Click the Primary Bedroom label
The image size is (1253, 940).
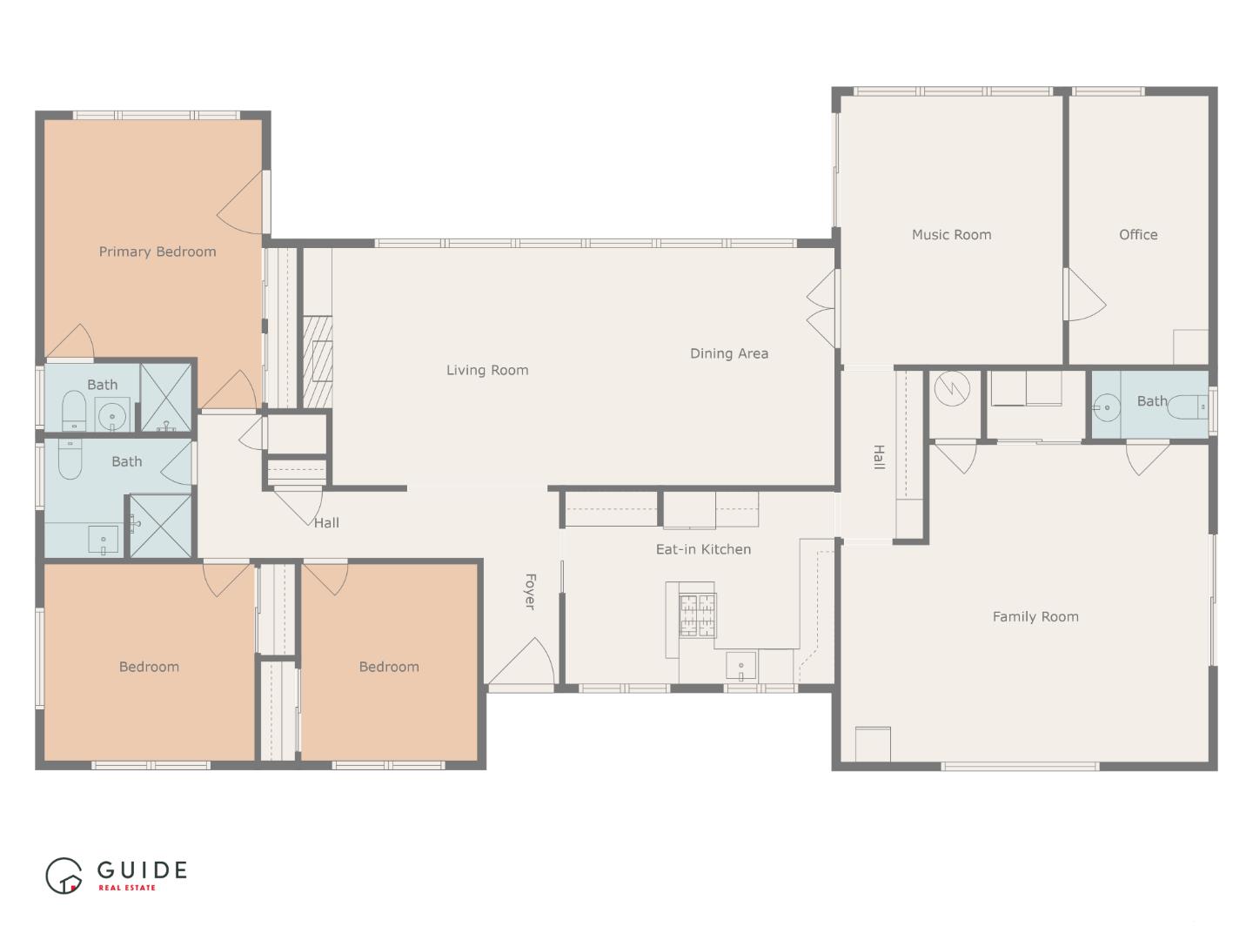click(x=157, y=252)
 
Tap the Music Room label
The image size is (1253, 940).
click(x=951, y=234)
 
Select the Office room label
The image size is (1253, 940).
click(x=1138, y=234)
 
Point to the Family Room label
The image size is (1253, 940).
click(x=1035, y=616)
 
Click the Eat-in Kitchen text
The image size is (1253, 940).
click(x=703, y=549)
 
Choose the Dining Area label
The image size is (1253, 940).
click(x=729, y=353)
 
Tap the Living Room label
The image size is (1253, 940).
click(x=487, y=370)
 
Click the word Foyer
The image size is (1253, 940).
click(x=529, y=591)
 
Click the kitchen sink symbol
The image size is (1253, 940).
click(x=741, y=667)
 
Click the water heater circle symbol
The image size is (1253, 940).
click(x=951, y=388)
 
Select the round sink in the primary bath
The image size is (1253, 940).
click(x=112, y=415)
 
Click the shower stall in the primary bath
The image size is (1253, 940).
click(x=167, y=397)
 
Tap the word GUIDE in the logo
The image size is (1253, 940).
click(x=142, y=869)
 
